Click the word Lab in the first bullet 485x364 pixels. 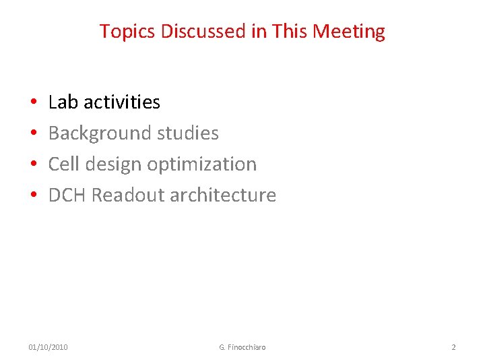pos(64,102)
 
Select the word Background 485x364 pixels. pos(100,133)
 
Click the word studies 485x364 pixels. pos(188,133)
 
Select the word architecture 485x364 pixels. pos(223,195)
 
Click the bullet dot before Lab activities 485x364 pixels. pos(33,102)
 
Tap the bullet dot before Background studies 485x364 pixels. pos(33,133)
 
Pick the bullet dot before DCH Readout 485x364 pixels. pos(33,195)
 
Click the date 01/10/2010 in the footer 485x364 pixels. pos(48,347)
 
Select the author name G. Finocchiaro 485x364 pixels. pos(243,347)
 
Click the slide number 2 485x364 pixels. pos(453,347)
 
